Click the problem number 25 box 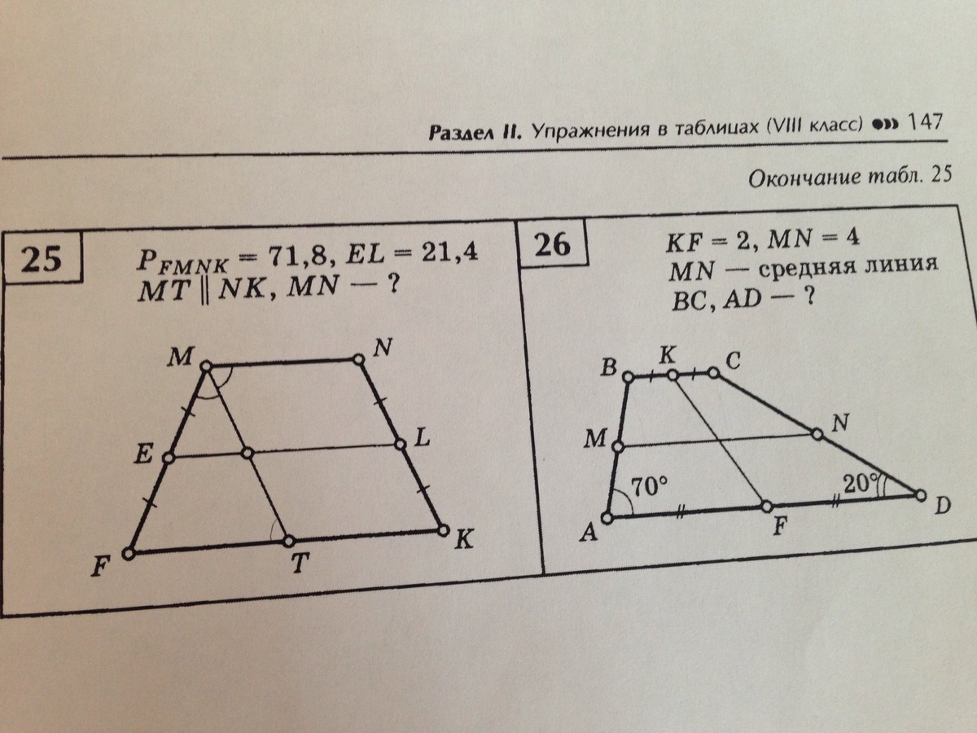tap(42, 260)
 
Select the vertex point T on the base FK tap(289, 541)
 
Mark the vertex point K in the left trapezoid tap(443, 530)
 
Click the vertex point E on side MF tap(169, 459)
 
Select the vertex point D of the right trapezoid tap(921, 495)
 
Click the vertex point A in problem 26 tap(607, 518)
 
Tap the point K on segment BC tap(673, 375)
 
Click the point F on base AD tap(766, 507)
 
